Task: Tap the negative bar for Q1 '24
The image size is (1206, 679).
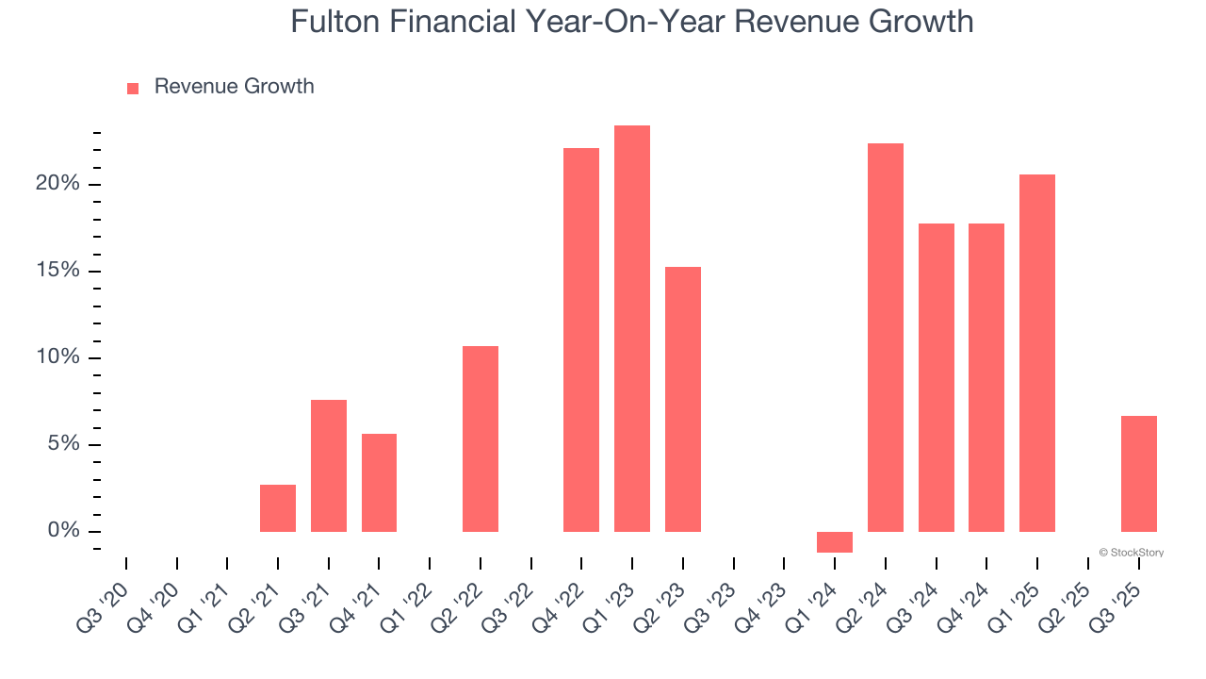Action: [835, 542]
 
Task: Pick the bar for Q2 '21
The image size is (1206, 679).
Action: [278, 508]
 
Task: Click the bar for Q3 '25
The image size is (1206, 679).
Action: [1138, 473]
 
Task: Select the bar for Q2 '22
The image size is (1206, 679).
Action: [481, 439]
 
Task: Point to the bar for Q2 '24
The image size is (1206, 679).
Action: [886, 338]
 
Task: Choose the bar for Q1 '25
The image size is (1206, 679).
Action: [1037, 353]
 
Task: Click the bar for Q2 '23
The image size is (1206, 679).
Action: [683, 399]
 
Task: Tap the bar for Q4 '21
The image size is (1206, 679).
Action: [379, 483]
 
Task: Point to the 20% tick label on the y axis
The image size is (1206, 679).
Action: [57, 184]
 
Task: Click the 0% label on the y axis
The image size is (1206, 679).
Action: [64, 532]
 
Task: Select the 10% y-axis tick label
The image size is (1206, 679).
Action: [57, 358]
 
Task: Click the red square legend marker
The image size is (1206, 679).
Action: [133, 88]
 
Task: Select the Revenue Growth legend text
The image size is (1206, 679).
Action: [234, 87]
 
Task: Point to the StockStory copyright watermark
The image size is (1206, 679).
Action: [1131, 553]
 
